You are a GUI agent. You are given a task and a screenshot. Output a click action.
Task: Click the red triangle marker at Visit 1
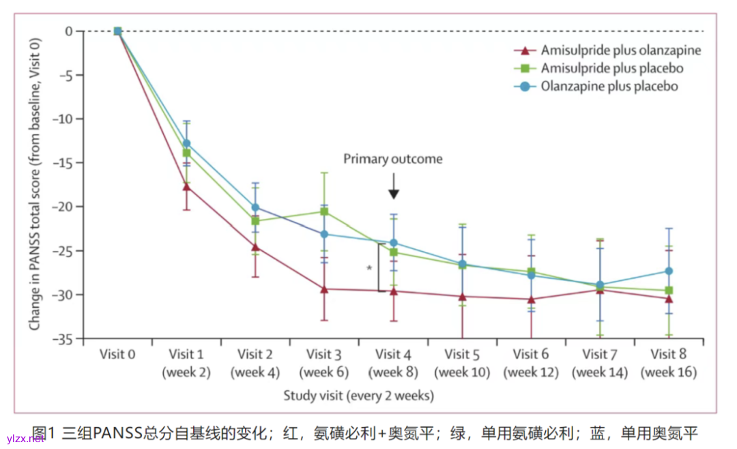[x=186, y=186]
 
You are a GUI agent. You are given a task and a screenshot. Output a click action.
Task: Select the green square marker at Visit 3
[x=324, y=212]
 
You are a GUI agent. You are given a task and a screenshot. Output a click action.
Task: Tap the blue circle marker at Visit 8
[x=669, y=271]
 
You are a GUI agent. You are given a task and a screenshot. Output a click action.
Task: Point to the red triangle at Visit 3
[x=324, y=289]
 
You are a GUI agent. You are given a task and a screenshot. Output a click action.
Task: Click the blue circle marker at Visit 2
[x=255, y=207]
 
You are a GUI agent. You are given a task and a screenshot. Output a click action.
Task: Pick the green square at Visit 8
[x=669, y=291]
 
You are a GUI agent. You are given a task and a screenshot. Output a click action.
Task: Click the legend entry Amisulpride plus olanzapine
[x=620, y=50]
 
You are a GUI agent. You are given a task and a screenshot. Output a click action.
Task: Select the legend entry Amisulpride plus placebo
[x=611, y=68]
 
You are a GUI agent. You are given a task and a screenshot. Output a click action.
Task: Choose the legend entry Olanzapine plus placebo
[x=609, y=87]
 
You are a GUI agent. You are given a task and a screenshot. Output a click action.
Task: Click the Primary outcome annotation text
[x=392, y=159]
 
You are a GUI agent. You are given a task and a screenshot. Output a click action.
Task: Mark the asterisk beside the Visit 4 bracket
[x=369, y=268]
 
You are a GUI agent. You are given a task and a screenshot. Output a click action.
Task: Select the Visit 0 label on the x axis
[x=117, y=354]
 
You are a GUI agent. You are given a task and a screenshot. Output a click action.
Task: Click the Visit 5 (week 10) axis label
[x=462, y=363]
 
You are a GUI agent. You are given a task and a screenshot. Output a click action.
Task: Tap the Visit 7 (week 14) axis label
[x=600, y=363]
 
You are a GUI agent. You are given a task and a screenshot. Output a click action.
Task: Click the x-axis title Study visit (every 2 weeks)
[x=358, y=395]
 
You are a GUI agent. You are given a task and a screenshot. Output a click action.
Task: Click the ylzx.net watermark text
[x=25, y=438]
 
